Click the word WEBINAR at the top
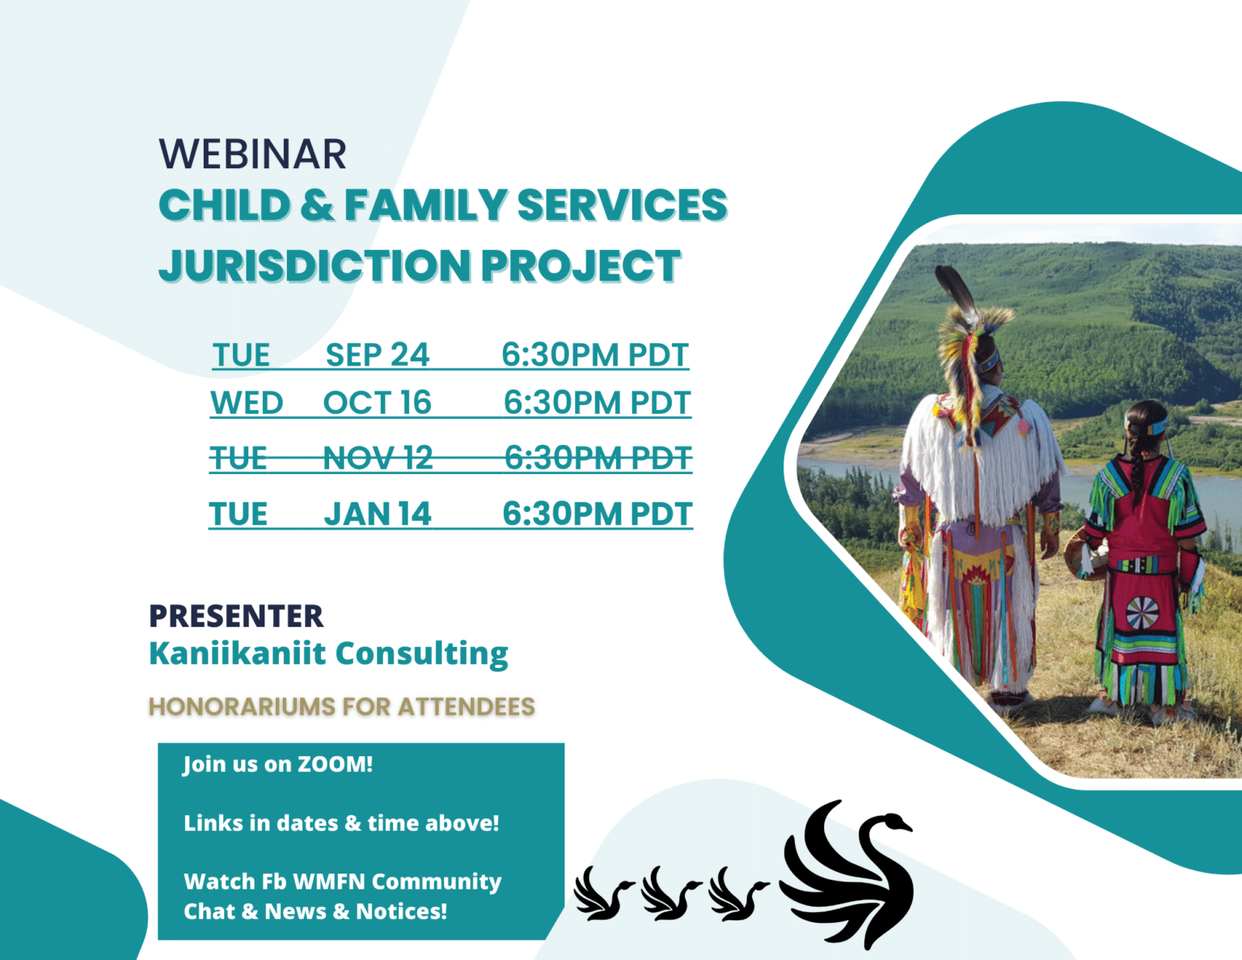[x=252, y=154]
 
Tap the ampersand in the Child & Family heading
[x=317, y=205]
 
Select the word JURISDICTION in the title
[x=314, y=266]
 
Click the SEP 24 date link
[x=378, y=355]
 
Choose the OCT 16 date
[x=378, y=403]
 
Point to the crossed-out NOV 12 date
[x=378, y=459]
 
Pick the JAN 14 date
[x=378, y=514]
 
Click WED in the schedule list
[x=247, y=403]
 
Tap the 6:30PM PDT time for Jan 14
[x=598, y=514]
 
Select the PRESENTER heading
[x=236, y=616]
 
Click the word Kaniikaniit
[x=237, y=653]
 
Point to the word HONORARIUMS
[x=241, y=707]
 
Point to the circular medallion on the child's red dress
[x=1143, y=613]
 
